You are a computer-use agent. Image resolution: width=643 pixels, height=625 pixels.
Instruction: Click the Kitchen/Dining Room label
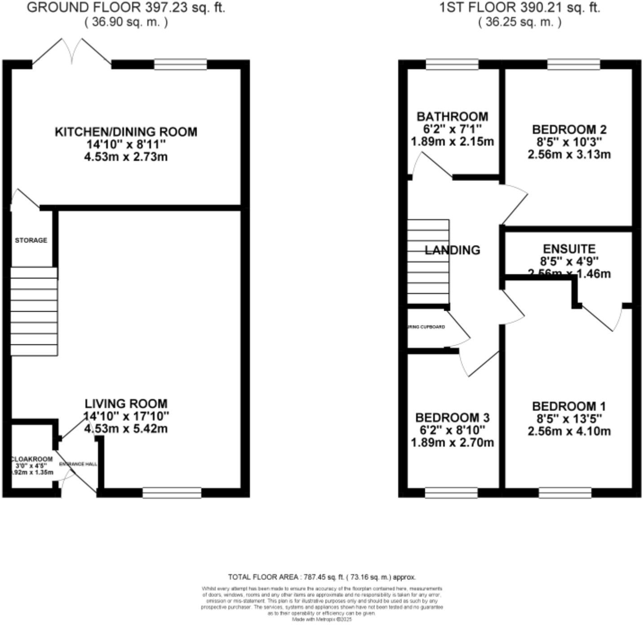click(126, 132)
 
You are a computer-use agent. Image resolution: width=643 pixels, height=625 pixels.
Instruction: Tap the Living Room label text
click(126, 403)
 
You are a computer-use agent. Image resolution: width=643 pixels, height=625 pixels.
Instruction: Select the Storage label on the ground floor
click(31, 241)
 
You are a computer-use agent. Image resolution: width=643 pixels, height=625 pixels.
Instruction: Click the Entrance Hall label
click(78, 464)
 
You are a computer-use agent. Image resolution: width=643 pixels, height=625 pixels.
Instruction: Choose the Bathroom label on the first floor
click(452, 117)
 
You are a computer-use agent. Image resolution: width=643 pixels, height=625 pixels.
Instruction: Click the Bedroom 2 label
click(569, 130)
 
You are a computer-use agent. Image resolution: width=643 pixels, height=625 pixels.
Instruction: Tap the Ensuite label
click(569, 249)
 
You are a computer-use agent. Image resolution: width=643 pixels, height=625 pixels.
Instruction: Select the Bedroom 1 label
click(569, 406)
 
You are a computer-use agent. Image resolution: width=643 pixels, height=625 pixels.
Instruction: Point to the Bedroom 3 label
click(452, 418)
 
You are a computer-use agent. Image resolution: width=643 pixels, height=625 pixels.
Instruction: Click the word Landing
click(452, 250)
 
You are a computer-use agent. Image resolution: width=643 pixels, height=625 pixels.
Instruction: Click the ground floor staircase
click(34, 312)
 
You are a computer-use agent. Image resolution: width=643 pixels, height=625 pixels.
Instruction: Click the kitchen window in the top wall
click(181, 64)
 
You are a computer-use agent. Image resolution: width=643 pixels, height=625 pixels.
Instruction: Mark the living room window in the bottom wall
click(172, 493)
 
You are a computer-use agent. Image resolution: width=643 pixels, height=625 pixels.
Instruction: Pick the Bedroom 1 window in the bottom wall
click(565, 493)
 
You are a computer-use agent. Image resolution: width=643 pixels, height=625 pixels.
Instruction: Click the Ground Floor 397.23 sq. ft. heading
click(126, 8)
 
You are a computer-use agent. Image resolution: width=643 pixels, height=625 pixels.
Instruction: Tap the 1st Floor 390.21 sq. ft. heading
click(520, 8)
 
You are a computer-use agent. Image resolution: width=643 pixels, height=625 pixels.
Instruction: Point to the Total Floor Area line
click(322, 577)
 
